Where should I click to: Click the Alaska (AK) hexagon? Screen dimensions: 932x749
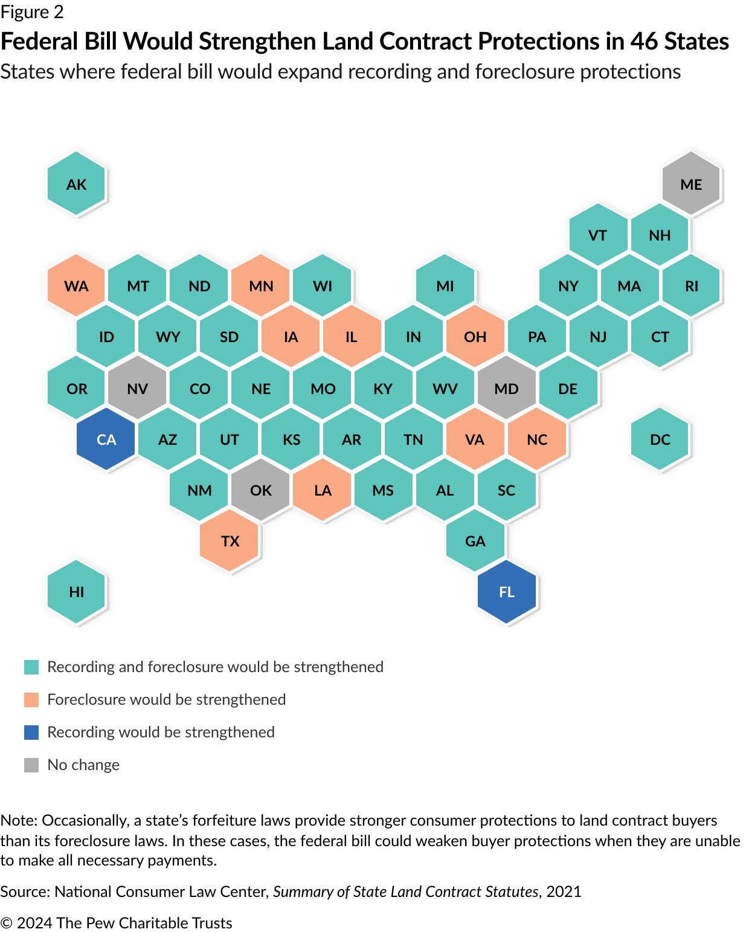(77, 184)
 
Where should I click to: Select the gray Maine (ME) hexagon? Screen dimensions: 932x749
(691, 184)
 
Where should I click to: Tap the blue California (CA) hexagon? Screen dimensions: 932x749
(106, 439)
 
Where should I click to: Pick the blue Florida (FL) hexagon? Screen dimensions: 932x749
(507, 592)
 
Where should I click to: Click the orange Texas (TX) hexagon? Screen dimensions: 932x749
(230, 540)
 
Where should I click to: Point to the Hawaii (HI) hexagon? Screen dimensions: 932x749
(77, 592)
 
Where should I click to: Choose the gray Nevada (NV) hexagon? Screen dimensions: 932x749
(138, 388)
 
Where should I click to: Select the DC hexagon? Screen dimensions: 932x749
(660, 439)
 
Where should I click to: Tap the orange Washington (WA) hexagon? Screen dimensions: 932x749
(77, 285)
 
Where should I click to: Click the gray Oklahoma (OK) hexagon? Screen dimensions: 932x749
(261, 490)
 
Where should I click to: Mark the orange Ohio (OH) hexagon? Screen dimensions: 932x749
(475, 337)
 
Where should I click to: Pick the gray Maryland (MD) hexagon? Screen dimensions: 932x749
(506, 388)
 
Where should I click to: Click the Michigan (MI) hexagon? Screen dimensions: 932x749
(445, 285)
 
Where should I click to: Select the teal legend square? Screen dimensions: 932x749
(31, 667)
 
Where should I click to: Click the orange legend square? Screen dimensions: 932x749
(31, 699)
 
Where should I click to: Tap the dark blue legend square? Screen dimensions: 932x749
(31, 732)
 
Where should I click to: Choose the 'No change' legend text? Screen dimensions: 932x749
(83, 765)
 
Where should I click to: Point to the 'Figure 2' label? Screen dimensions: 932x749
(32, 11)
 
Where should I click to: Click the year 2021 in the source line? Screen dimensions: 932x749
(564, 892)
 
